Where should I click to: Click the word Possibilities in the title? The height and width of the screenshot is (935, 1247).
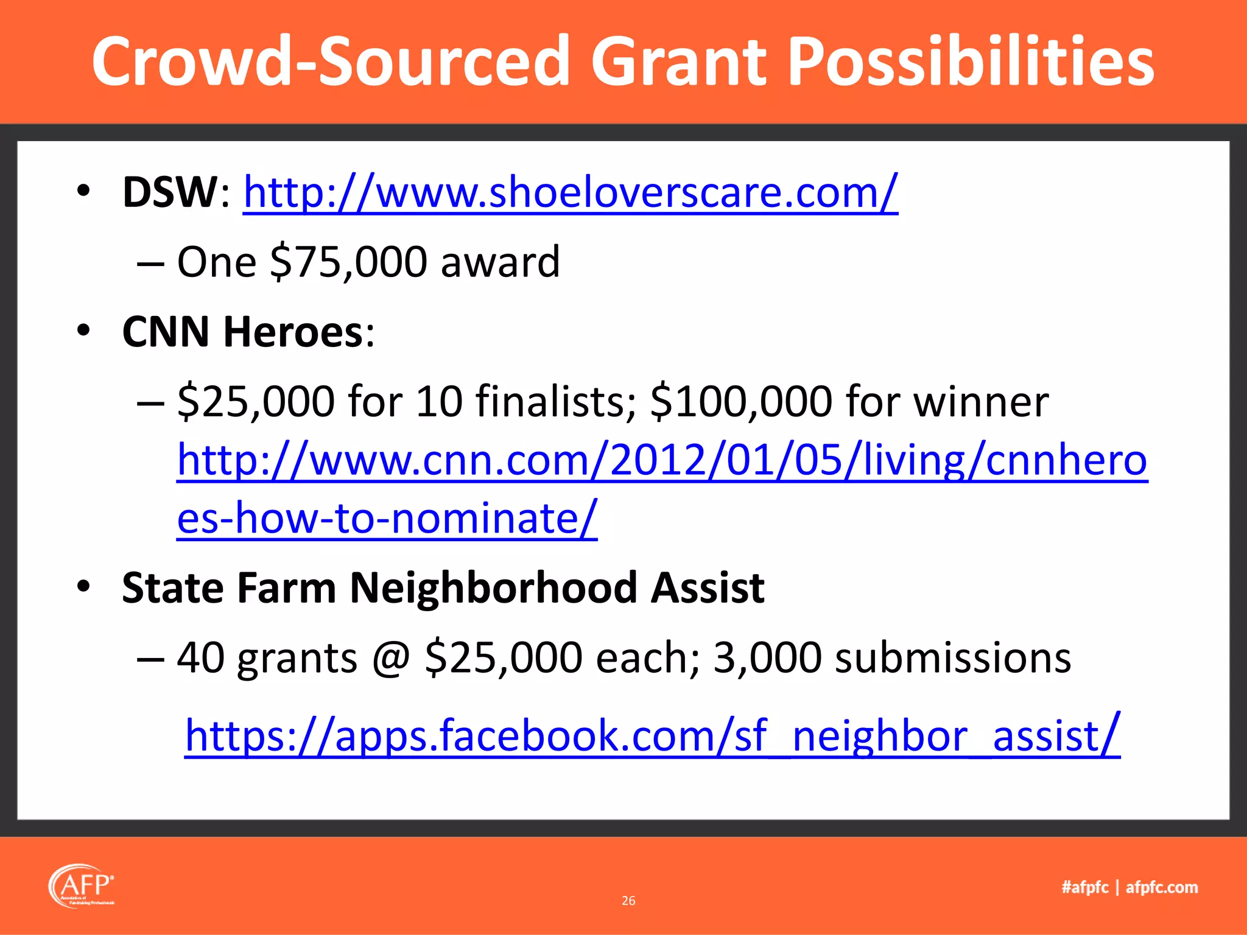[970, 61]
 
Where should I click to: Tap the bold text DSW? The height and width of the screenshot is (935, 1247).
[170, 192]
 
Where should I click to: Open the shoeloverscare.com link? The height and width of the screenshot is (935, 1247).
[570, 192]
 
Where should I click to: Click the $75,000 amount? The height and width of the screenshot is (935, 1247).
[348, 262]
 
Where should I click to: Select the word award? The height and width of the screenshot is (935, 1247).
[499, 262]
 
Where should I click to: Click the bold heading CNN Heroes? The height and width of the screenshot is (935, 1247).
[242, 332]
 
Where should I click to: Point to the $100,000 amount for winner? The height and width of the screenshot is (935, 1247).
[740, 402]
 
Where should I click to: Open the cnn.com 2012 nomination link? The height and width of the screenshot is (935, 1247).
[661, 461]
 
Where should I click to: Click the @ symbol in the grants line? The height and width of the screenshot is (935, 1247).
[391, 658]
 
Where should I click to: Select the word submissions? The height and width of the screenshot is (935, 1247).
[952, 658]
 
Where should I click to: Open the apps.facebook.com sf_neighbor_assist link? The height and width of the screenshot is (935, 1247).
[652, 736]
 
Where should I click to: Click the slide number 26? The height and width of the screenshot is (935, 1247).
[628, 900]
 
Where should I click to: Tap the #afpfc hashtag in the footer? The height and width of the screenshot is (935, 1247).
[1085, 887]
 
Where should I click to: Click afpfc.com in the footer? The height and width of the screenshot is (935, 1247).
[1161, 887]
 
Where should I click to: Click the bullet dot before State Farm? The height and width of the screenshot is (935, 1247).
[83, 587]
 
